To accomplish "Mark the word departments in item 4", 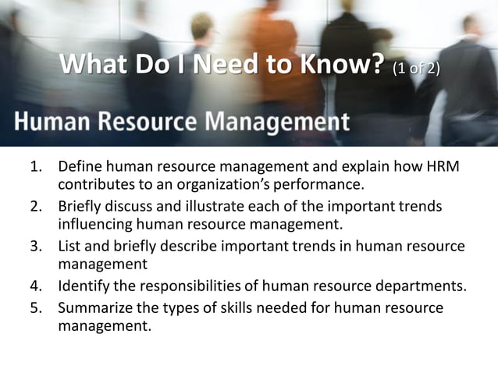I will tap(425, 286).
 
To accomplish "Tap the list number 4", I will tap(35, 286).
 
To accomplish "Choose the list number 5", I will tap(35, 307).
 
